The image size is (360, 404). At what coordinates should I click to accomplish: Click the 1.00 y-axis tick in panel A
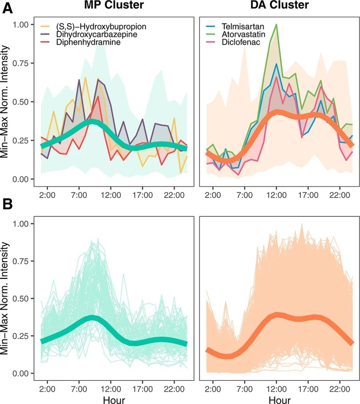20,25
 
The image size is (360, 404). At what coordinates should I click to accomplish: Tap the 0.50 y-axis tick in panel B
20,298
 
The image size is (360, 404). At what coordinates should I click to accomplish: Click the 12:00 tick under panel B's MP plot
111,388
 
